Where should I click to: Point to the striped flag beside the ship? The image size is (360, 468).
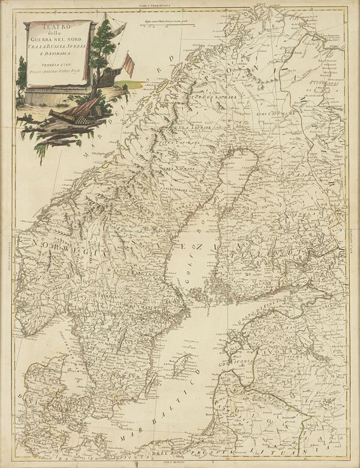click(129, 65)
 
